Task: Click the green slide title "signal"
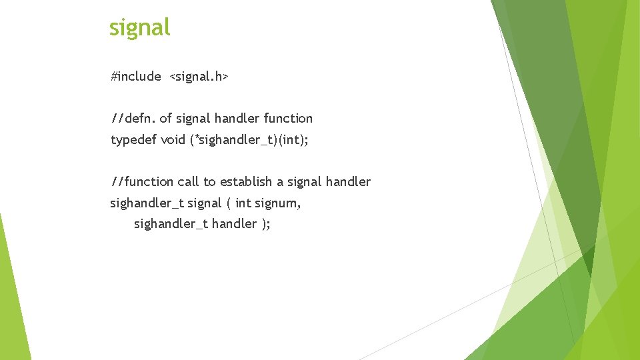(x=139, y=27)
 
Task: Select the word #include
(x=136, y=77)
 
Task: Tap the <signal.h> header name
(x=199, y=77)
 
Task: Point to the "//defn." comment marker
(x=133, y=119)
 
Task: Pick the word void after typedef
(x=173, y=140)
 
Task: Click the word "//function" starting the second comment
(x=142, y=181)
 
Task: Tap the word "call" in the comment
(x=189, y=181)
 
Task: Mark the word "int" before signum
(x=243, y=203)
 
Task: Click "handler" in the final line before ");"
(x=234, y=224)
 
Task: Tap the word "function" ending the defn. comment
(x=288, y=119)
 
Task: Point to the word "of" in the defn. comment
(x=166, y=119)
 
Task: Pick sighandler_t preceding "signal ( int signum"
(x=147, y=203)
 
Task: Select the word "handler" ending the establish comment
(x=348, y=181)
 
